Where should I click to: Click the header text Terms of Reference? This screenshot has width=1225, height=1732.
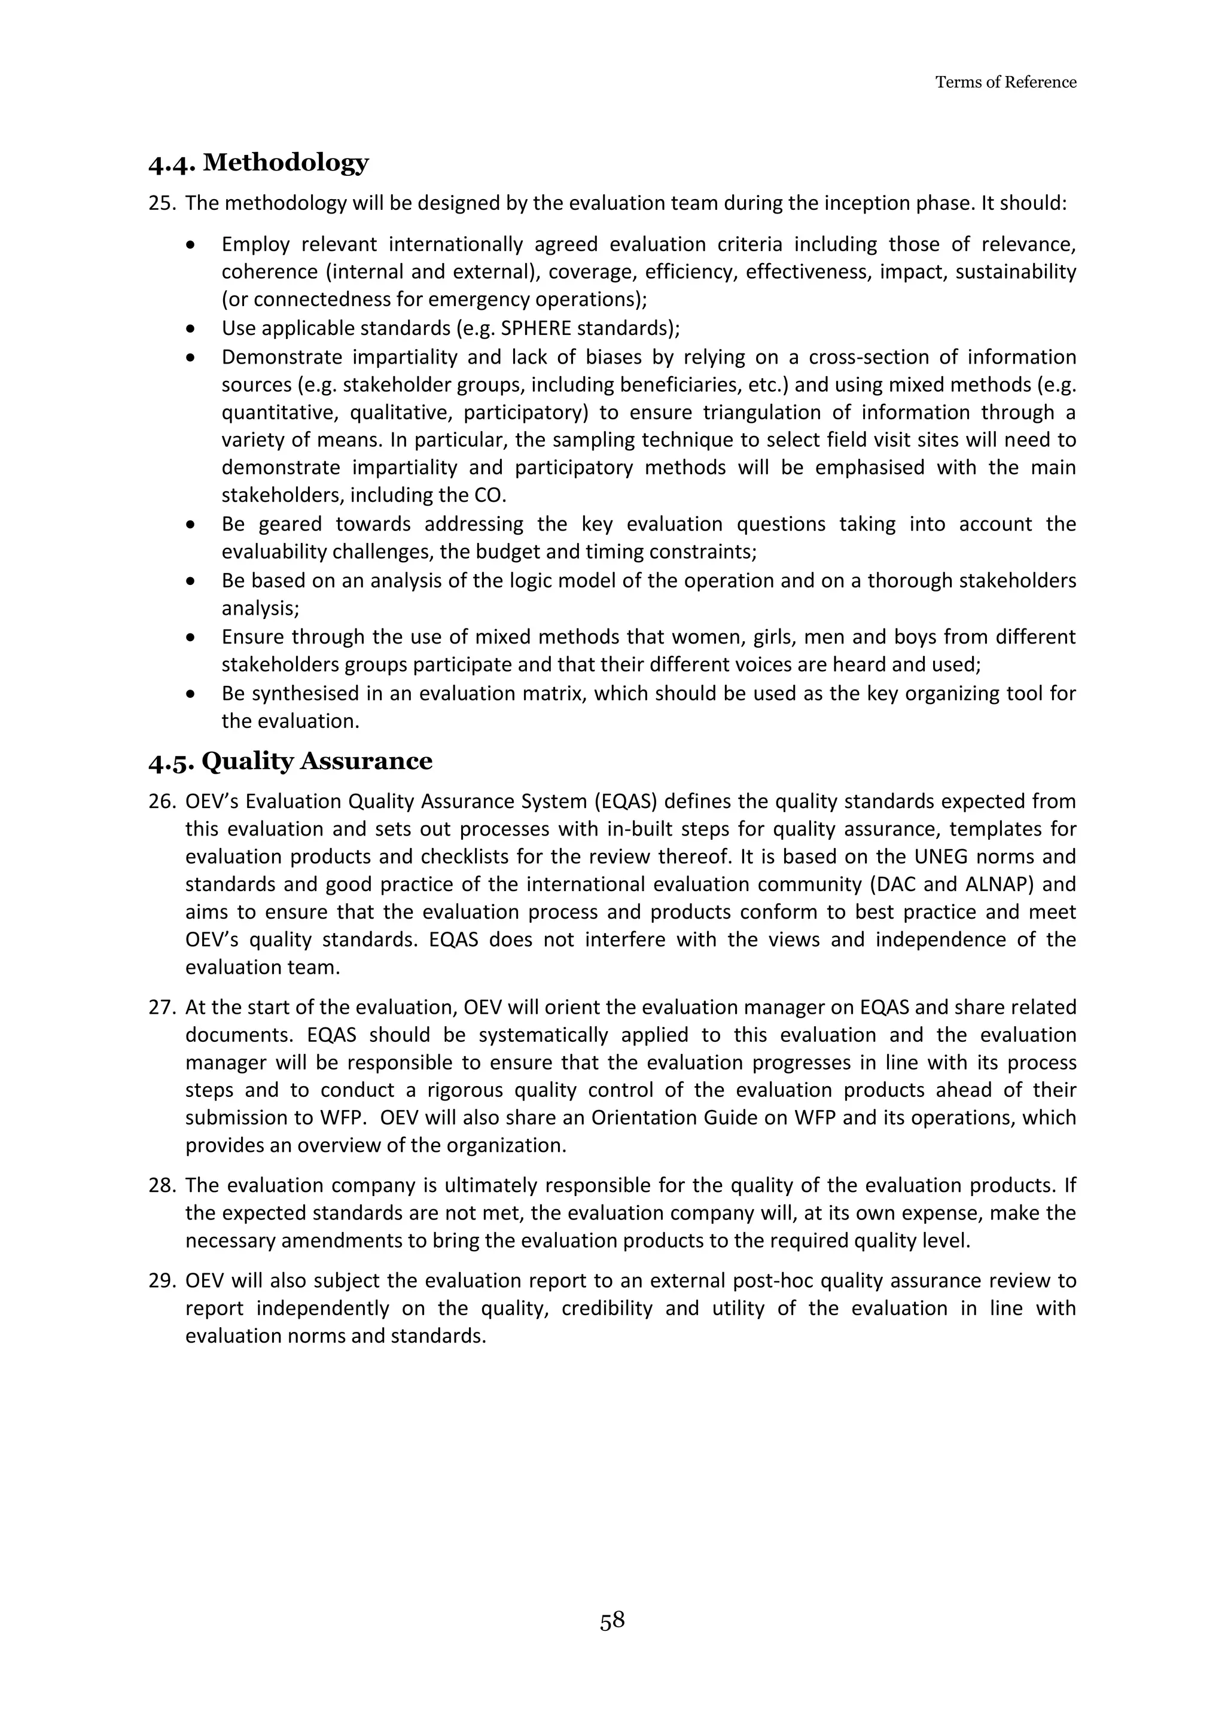[x=1005, y=82]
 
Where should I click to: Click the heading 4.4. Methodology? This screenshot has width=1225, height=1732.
[x=259, y=162]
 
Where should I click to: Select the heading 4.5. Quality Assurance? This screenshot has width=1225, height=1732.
[x=291, y=761]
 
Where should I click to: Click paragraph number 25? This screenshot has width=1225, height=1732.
[x=161, y=204]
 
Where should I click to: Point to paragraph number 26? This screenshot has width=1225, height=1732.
[x=161, y=801]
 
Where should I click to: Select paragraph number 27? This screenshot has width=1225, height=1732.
[x=161, y=1008]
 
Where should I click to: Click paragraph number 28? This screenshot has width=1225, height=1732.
[x=161, y=1186]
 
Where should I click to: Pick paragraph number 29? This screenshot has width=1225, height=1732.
[x=161, y=1281]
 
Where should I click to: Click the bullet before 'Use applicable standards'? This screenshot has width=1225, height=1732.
[x=194, y=330]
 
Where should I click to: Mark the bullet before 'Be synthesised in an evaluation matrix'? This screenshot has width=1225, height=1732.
[x=194, y=694]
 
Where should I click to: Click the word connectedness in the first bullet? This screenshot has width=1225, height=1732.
[x=301, y=300]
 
